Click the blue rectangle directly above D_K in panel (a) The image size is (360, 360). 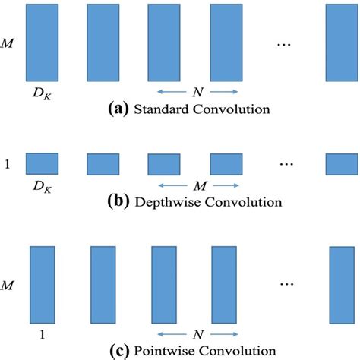[40, 43]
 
